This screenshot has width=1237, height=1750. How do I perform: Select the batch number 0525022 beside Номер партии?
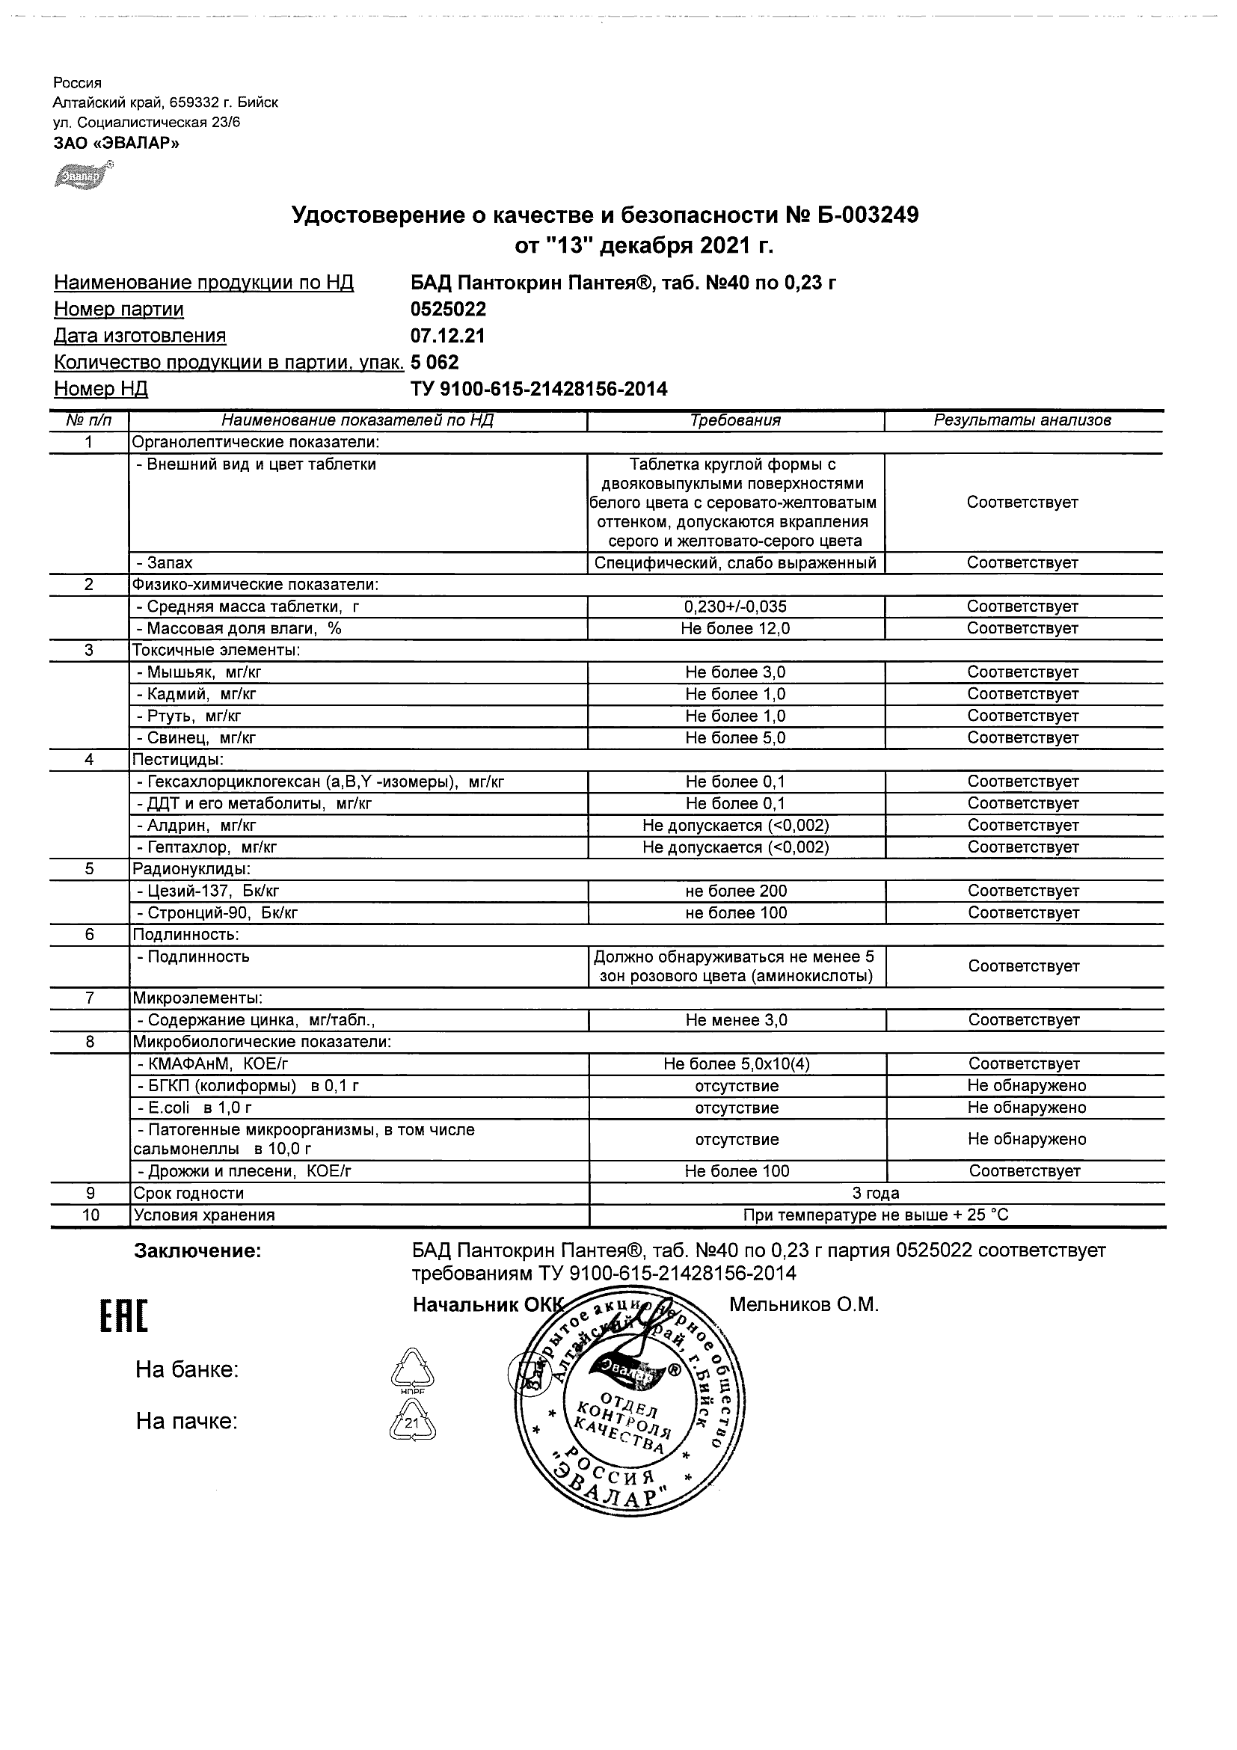point(448,310)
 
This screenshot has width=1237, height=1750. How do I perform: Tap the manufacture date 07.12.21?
point(447,336)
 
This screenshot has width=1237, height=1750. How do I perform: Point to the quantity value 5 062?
point(435,362)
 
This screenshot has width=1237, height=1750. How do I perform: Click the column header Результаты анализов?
point(1022,420)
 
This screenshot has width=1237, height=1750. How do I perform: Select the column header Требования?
point(735,420)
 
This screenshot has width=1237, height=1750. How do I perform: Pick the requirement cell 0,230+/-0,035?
point(735,607)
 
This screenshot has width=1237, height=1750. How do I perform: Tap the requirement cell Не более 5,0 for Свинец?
point(735,738)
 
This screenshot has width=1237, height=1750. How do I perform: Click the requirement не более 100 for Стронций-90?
point(735,913)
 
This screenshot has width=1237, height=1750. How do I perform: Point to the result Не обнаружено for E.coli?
point(1027,1108)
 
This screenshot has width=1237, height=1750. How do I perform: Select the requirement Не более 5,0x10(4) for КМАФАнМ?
point(736,1064)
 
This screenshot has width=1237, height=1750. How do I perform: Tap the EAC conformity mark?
point(123,1317)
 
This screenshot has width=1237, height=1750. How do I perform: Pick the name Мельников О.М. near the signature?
point(804,1305)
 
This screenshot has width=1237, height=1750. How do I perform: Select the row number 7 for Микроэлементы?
point(90,998)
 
